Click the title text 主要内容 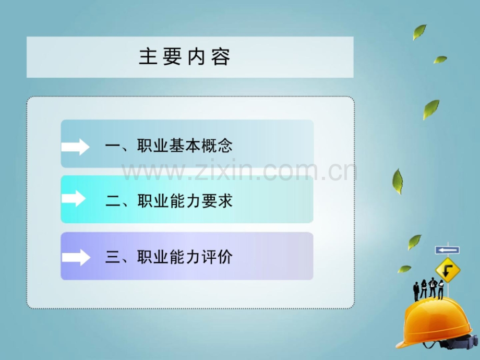click(185, 57)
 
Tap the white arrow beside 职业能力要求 click(74, 199)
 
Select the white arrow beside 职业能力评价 click(76, 257)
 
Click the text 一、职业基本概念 click(169, 146)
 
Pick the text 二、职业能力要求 click(169, 201)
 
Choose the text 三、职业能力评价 click(169, 257)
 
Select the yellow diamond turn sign click(448, 270)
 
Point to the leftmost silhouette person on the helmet click(416, 291)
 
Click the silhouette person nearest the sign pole click(441, 289)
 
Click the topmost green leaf click(419, 32)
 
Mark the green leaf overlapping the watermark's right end click(398, 182)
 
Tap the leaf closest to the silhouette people click(404, 269)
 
